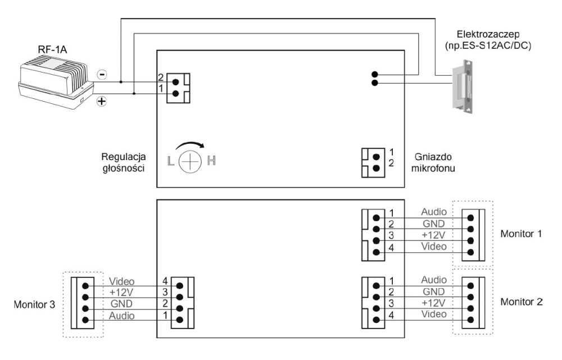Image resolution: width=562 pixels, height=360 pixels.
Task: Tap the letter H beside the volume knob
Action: [x=212, y=162]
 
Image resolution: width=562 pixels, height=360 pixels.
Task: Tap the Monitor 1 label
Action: [x=521, y=233]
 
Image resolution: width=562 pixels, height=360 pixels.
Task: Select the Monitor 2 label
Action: [x=521, y=302]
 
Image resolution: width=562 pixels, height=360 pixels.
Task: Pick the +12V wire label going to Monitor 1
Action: [x=433, y=235]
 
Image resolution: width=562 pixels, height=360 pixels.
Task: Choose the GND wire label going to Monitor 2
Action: [x=433, y=291]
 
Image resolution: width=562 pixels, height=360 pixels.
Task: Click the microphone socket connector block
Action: [x=370, y=161]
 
